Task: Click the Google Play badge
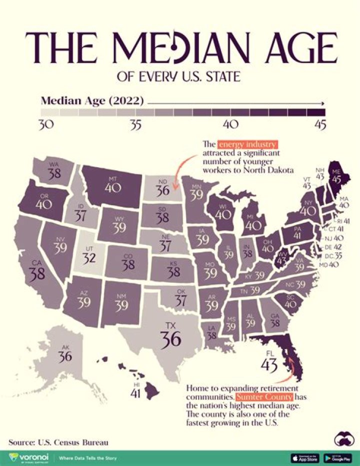tap(338, 457)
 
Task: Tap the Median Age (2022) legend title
tap(92, 101)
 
